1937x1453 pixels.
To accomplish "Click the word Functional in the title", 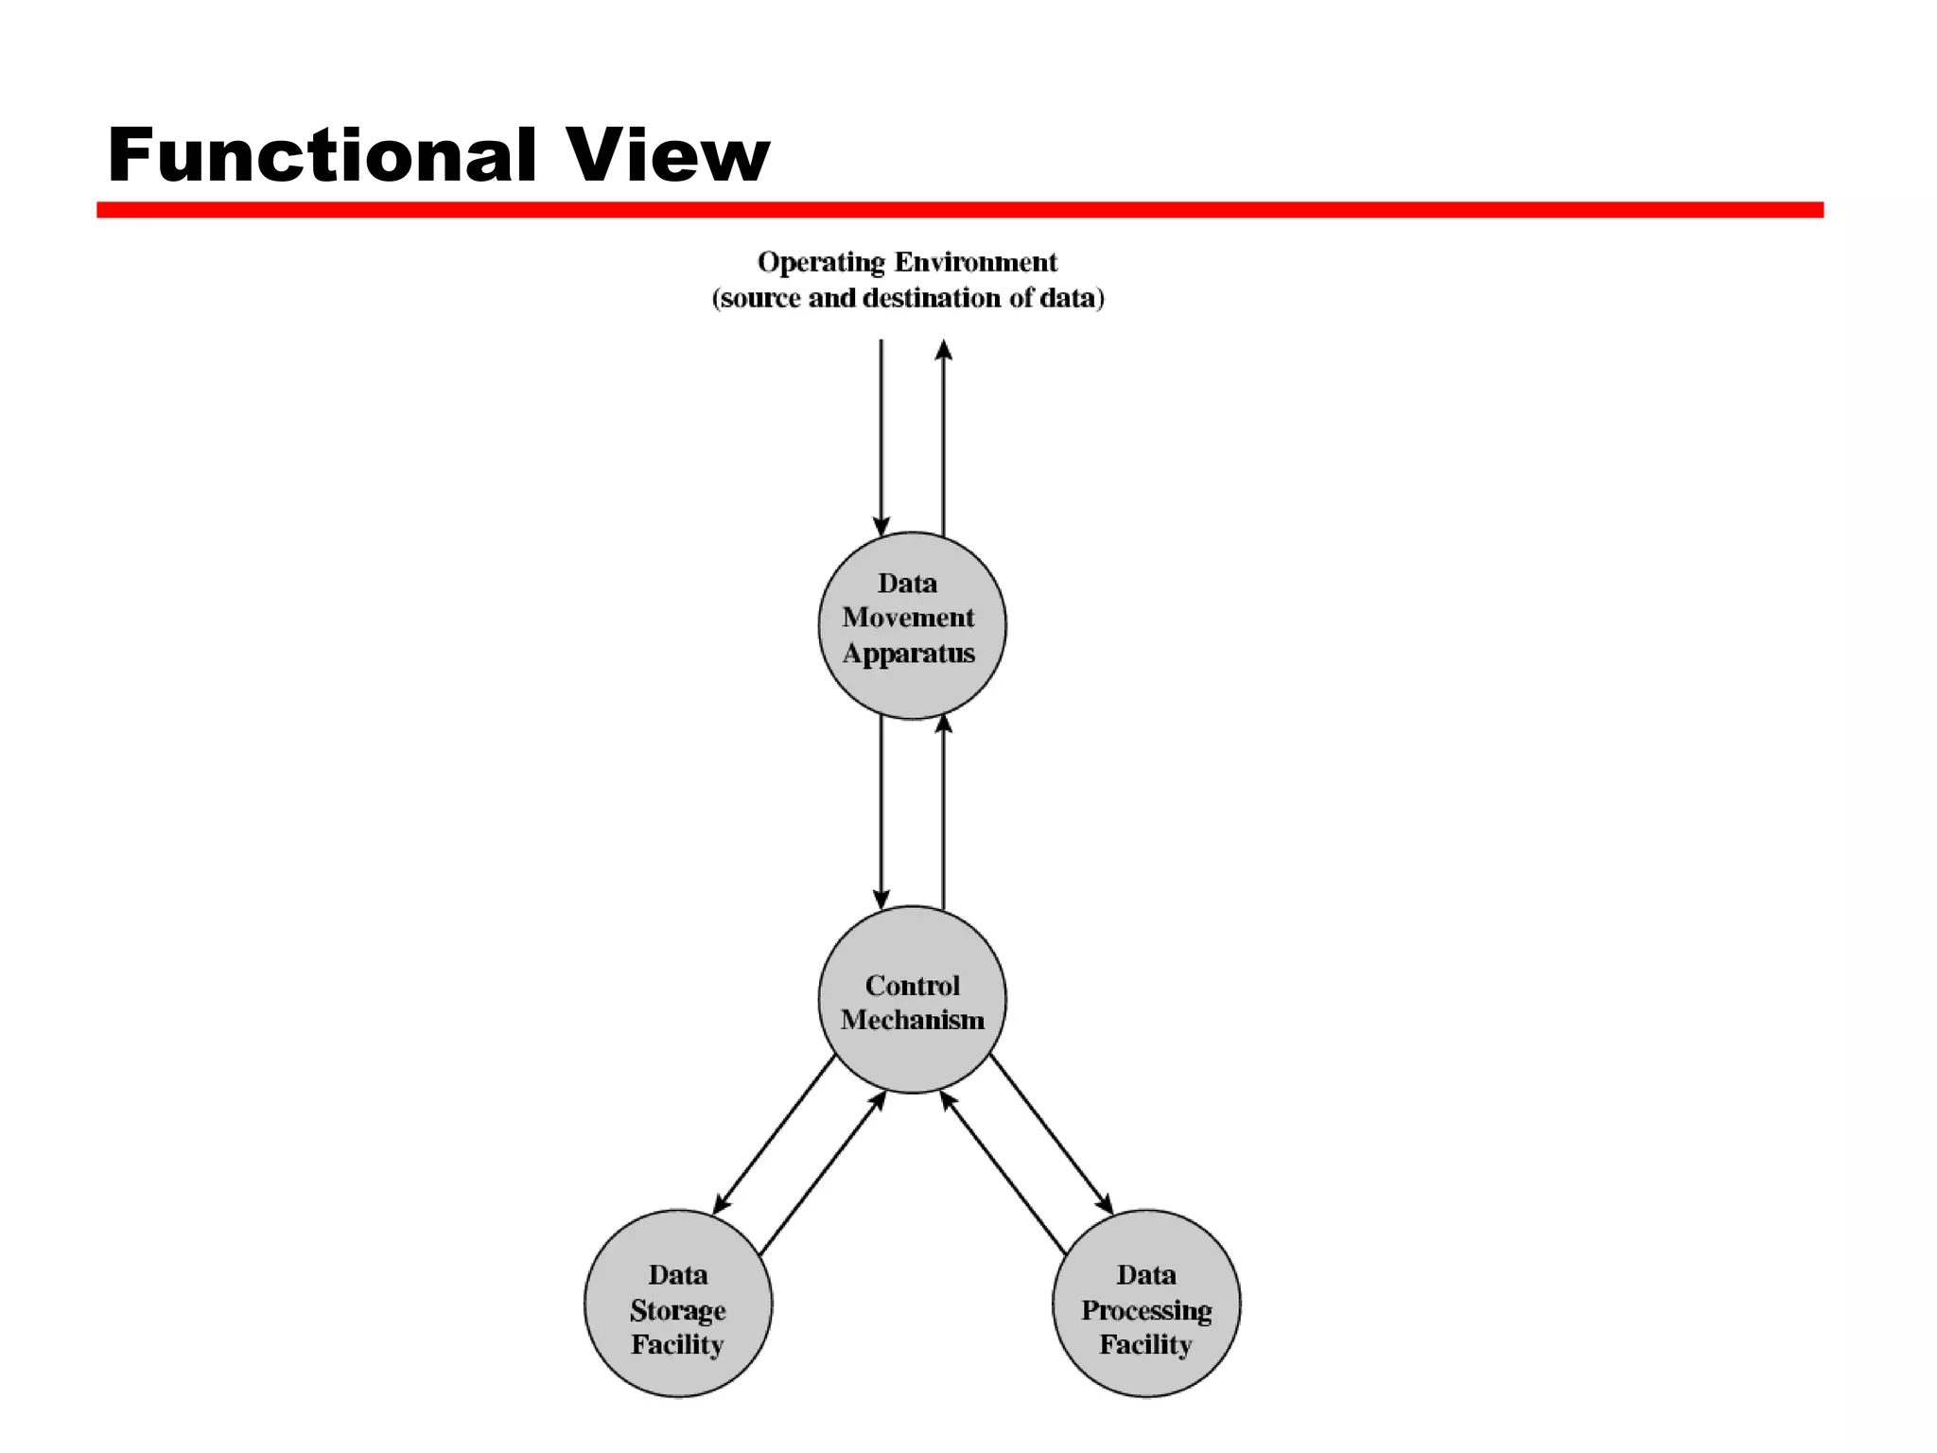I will tap(323, 155).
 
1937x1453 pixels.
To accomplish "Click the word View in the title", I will tap(668, 155).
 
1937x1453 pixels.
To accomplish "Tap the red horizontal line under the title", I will tap(959, 209).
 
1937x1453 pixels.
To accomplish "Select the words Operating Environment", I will tap(907, 262).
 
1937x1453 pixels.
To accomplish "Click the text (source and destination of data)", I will tap(907, 298).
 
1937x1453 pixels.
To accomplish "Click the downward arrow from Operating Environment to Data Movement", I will tap(881, 435).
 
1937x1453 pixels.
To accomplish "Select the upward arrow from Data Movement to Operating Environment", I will tap(943, 435).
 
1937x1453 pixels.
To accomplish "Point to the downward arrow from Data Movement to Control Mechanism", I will tap(881, 809).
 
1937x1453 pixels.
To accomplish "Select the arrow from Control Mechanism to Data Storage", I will tap(774, 1134).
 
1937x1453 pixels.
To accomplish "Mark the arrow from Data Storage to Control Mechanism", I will tap(822, 1174).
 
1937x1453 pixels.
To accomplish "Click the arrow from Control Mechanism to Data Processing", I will tap(1051, 1134).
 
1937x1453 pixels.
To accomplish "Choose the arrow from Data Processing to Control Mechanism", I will tap(1003, 1174).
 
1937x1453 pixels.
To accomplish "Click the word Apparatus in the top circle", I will tap(908, 654).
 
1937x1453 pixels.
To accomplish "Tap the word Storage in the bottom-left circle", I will tap(677, 1310).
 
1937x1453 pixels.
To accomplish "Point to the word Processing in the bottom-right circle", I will tap(1145, 1310).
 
